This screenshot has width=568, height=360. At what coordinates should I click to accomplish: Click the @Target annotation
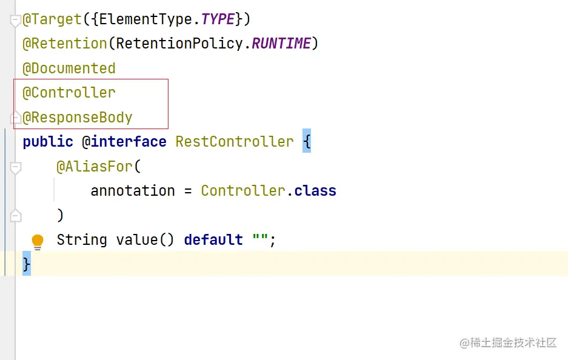52,19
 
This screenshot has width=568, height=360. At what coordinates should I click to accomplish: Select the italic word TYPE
218,19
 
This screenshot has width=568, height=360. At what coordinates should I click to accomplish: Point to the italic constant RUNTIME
281,44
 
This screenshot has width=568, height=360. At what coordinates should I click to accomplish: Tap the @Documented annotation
69,68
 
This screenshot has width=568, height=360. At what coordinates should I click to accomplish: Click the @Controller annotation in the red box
69,93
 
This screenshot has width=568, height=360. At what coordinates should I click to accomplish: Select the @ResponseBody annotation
78,117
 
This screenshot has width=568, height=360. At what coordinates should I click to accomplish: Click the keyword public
48,142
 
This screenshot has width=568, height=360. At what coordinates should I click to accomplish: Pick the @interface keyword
124,142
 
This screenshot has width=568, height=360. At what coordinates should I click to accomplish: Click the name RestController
235,142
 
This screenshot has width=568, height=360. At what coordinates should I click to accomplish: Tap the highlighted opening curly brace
306,142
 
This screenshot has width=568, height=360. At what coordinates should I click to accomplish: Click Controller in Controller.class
243,191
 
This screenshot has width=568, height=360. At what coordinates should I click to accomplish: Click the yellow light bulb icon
38,241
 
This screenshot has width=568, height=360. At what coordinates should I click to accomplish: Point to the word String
82,240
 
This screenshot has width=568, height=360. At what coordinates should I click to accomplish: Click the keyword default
213,240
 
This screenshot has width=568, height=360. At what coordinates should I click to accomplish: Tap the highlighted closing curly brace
26,265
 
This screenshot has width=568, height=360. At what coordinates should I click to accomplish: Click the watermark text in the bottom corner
508,343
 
